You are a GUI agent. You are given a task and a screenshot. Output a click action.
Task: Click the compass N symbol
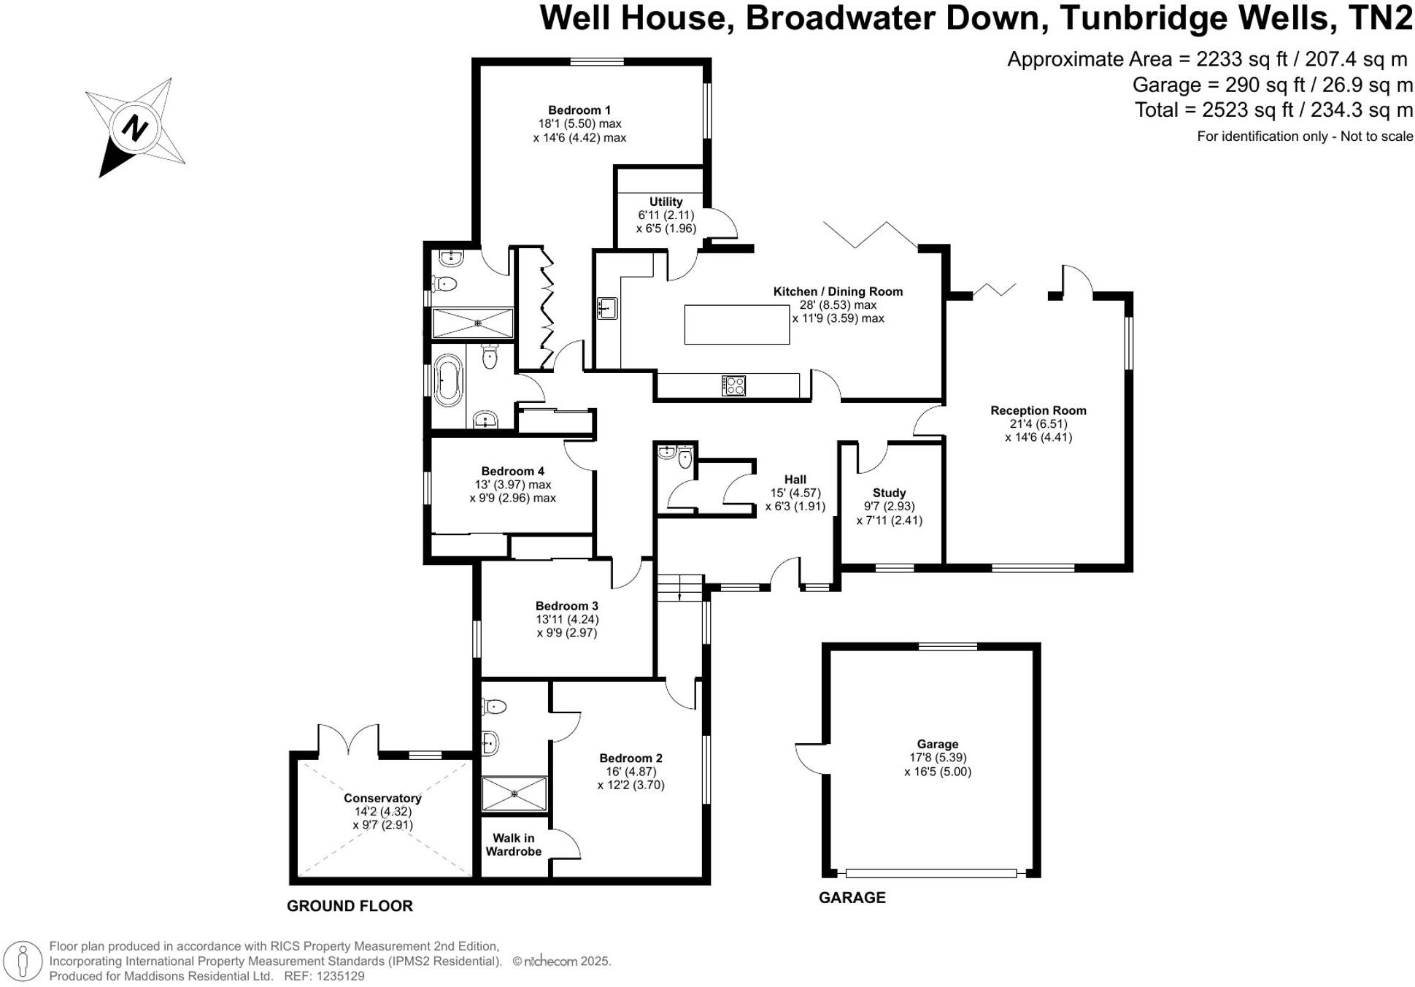[134, 128]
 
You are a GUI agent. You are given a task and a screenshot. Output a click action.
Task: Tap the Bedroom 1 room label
[579, 110]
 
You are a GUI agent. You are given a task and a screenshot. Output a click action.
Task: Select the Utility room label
[666, 201]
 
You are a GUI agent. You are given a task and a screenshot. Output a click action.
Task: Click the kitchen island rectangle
[736, 325]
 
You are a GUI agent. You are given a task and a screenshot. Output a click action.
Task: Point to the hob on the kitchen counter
[733, 385]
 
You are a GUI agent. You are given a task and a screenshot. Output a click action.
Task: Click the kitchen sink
[607, 308]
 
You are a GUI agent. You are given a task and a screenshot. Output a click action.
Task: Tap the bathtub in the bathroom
[447, 380]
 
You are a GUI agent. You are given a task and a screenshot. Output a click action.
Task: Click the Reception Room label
[1038, 410]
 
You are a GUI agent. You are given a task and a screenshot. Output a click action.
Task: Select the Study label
[889, 493]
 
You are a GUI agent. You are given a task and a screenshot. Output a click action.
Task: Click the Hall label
[795, 480]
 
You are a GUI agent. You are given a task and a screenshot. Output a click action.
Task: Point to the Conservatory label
[382, 798]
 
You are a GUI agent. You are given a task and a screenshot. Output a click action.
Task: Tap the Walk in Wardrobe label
[513, 845]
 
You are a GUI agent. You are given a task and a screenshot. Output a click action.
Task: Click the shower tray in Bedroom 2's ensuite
[514, 794]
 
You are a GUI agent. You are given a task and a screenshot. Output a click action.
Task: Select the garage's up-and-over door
[930, 873]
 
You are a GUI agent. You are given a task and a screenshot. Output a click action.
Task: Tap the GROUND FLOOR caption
[350, 906]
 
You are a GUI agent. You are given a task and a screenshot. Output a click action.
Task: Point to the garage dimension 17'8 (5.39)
[938, 758]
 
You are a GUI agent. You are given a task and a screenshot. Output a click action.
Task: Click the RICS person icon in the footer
[23, 961]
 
